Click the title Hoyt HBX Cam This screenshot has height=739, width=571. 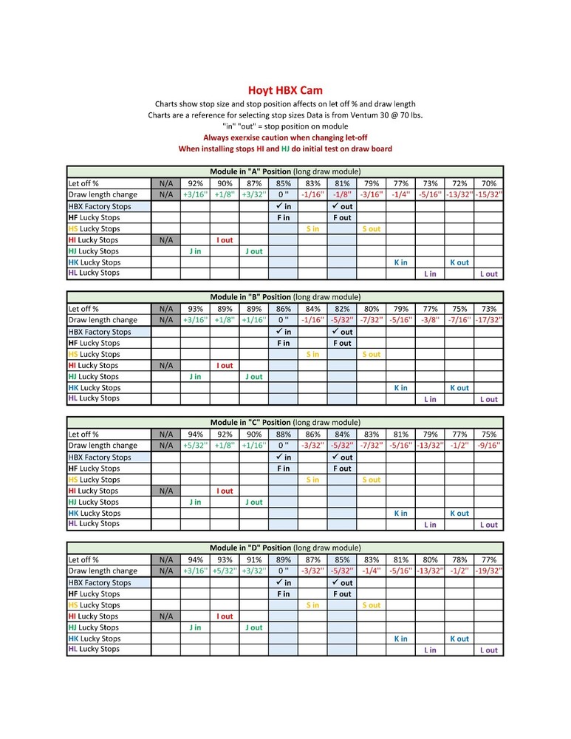285,91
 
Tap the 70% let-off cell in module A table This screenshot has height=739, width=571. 489,183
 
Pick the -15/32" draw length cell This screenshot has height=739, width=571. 489,194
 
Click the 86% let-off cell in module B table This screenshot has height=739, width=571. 283,309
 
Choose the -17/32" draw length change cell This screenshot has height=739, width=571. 489,320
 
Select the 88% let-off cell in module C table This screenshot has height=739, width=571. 283,435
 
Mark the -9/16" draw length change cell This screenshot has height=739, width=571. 489,446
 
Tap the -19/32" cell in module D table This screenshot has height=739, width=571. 489,571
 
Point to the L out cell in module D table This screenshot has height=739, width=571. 489,650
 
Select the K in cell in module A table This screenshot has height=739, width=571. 401,262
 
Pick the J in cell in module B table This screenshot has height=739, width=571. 195,377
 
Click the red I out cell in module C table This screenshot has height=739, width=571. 225,491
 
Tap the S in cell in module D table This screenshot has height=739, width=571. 312,605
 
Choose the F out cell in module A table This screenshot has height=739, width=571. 342,218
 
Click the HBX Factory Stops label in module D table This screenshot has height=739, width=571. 100,583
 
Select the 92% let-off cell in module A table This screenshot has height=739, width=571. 195,183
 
